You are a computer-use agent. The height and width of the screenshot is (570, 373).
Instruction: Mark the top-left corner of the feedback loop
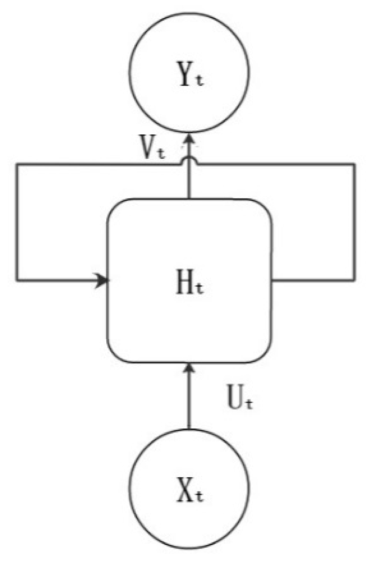point(17,164)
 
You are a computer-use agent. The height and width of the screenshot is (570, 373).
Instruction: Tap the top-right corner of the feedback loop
point(354,164)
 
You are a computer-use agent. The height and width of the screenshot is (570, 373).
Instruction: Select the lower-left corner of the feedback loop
point(17,281)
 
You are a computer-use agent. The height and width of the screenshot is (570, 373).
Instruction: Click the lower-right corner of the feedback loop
point(354,281)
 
